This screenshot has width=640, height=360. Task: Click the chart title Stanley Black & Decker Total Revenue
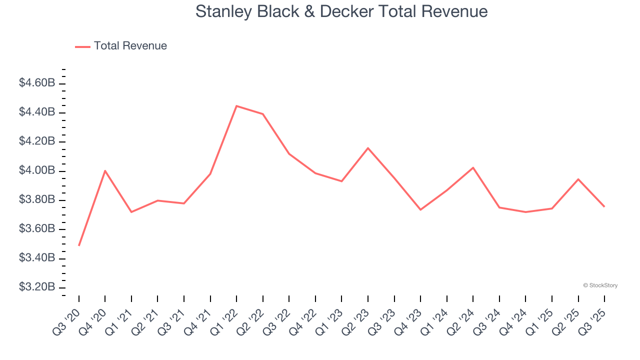point(341,11)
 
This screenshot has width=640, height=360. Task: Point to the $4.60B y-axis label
point(37,83)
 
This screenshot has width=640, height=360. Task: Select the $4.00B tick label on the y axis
point(37,170)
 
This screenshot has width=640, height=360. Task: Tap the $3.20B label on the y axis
point(37,287)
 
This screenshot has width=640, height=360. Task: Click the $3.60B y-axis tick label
point(37,229)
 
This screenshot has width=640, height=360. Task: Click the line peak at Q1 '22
point(236,106)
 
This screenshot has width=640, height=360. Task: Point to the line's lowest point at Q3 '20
point(79,245)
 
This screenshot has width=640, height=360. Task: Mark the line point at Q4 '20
point(105,170)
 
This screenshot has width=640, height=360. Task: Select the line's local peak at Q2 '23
point(368,148)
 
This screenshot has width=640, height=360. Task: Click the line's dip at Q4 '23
point(420,209)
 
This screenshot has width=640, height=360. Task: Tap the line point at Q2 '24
point(473,167)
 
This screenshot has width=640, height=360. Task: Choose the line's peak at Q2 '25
point(578,179)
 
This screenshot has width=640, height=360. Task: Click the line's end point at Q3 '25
point(604,206)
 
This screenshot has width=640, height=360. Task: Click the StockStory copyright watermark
point(600,285)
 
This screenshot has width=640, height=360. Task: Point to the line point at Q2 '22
point(263,114)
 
